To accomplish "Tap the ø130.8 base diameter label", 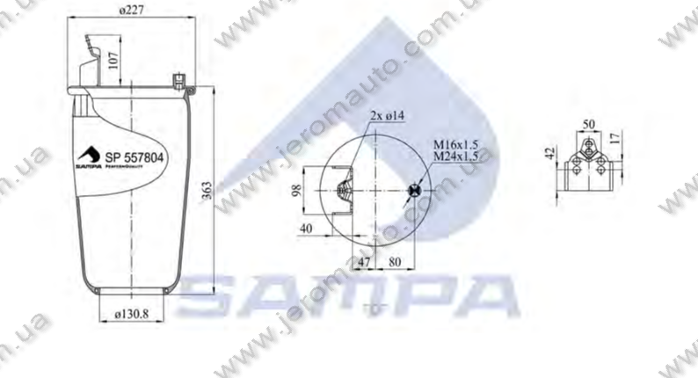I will [135, 311].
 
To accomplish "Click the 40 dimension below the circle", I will [307, 229].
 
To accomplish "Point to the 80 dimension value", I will [394, 261].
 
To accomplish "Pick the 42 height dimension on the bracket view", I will [549, 154].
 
